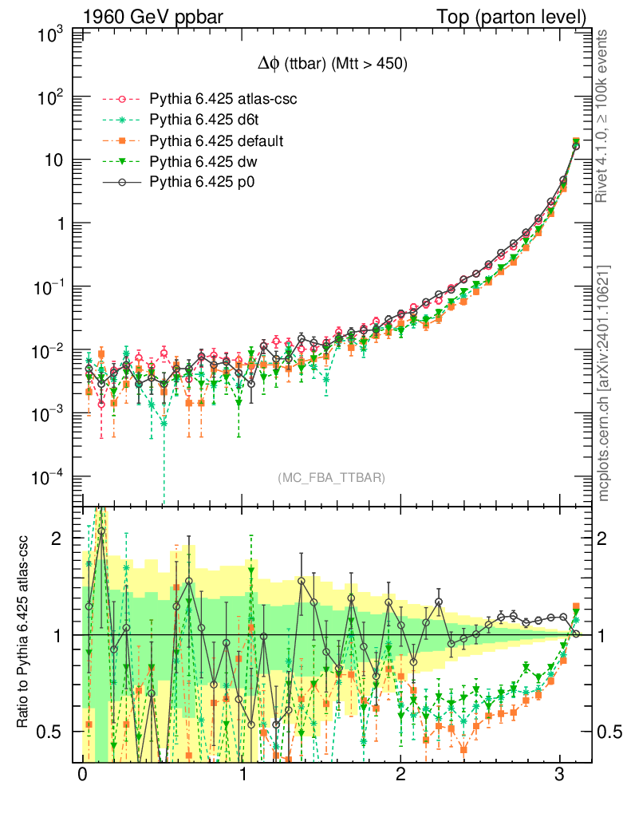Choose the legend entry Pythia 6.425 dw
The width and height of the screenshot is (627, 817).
[191, 162]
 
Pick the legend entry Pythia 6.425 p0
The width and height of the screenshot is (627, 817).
[191, 183]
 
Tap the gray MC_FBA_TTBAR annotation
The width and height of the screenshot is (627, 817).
[332, 478]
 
